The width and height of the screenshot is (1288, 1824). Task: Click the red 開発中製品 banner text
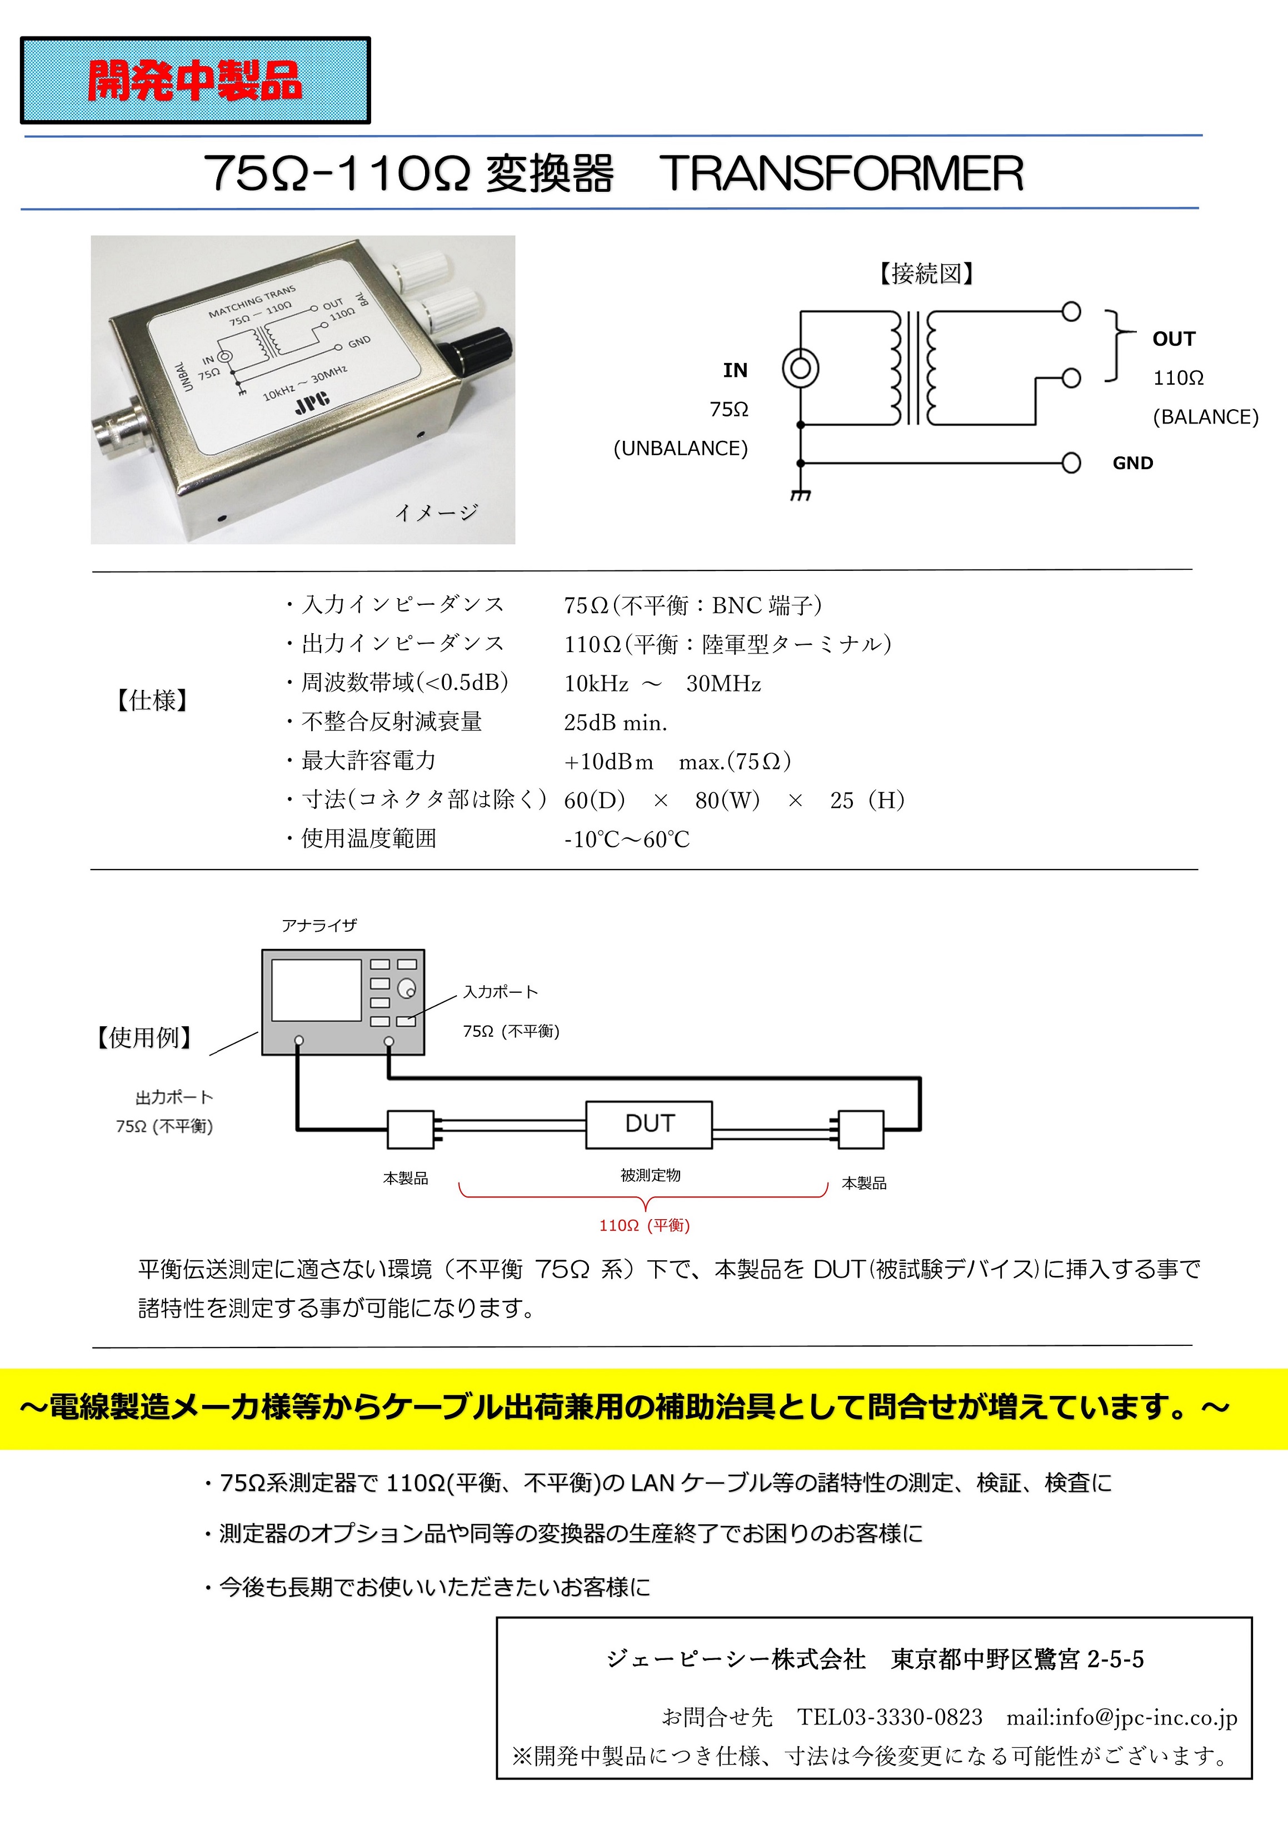click(x=194, y=81)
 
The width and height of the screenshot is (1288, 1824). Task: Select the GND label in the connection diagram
click(x=1132, y=463)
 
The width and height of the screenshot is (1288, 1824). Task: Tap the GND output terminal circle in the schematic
click(x=1071, y=463)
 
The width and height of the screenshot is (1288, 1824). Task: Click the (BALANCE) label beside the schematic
click(x=1205, y=417)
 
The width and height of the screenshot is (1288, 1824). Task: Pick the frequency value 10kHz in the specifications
click(x=596, y=683)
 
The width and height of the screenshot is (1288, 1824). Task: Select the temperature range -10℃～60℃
click(x=627, y=839)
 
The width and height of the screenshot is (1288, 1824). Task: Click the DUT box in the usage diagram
click(x=649, y=1124)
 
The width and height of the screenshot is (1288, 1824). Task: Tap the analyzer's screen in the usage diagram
click(x=316, y=990)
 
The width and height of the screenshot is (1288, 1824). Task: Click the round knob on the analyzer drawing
click(x=407, y=988)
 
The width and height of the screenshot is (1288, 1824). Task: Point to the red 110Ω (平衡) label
click(x=644, y=1225)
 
